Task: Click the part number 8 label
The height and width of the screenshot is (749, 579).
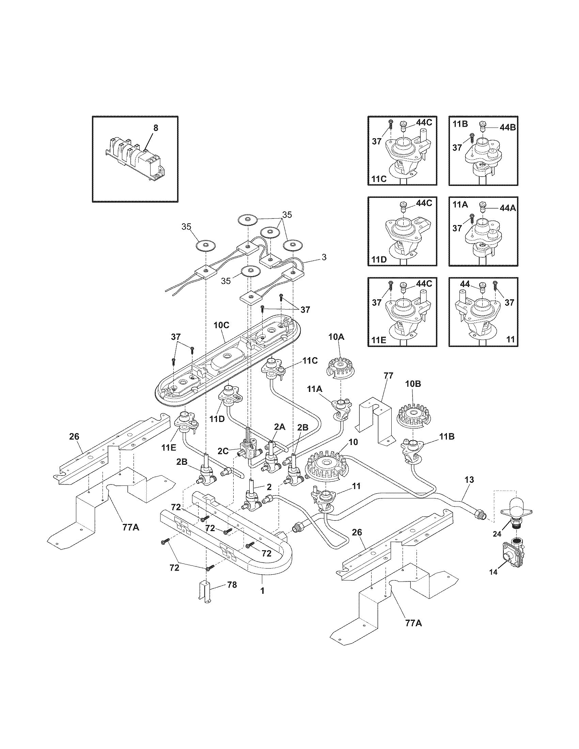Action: tap(156, 128)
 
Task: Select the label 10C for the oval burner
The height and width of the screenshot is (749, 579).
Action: tap(221, 325)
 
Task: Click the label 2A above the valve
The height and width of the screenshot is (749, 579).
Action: tap(280, 427)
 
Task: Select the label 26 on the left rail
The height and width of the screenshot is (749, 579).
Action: tap(74, 436)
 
